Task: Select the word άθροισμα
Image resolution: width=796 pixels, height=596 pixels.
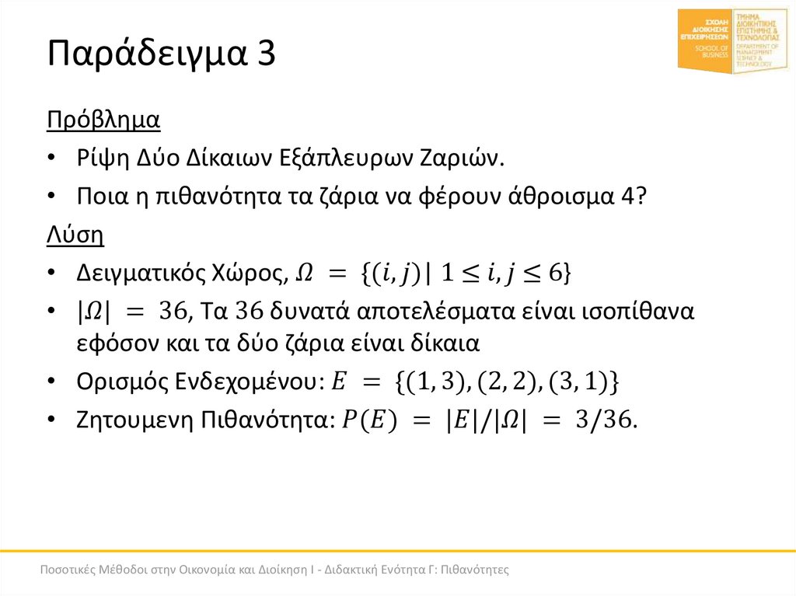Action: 552,197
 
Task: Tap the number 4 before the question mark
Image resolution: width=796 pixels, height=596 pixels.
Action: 628,197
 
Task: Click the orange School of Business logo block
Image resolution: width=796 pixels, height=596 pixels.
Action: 705,41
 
